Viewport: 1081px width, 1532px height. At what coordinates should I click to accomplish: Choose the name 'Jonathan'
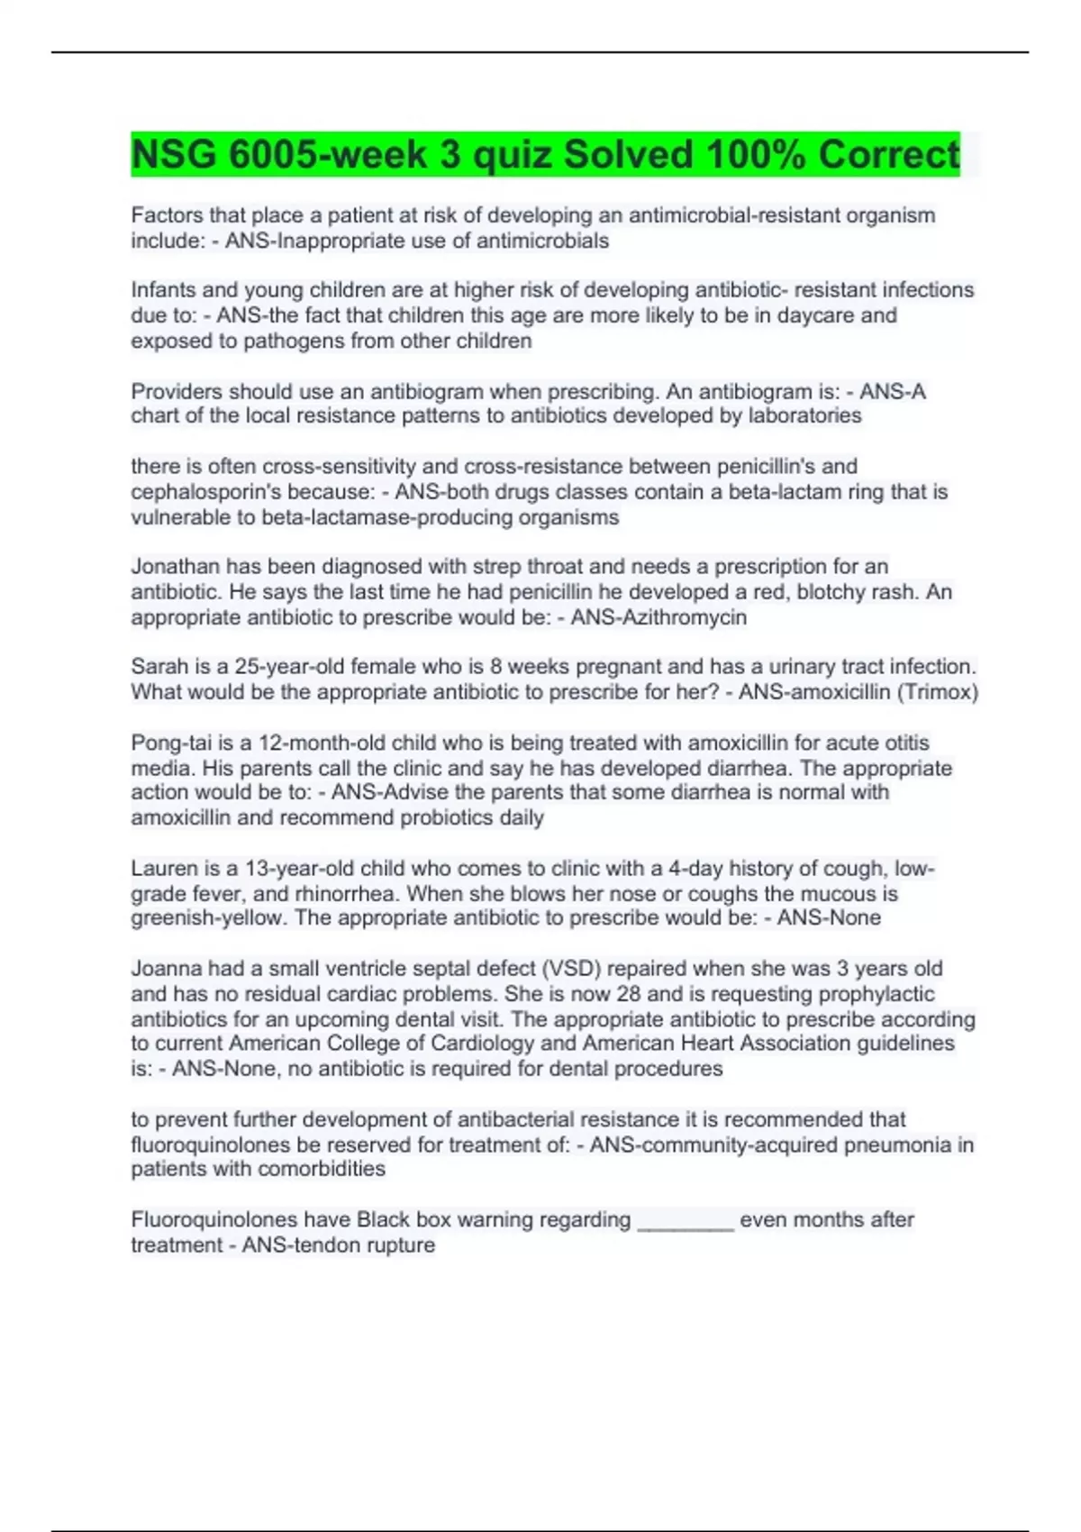[176, 567]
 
